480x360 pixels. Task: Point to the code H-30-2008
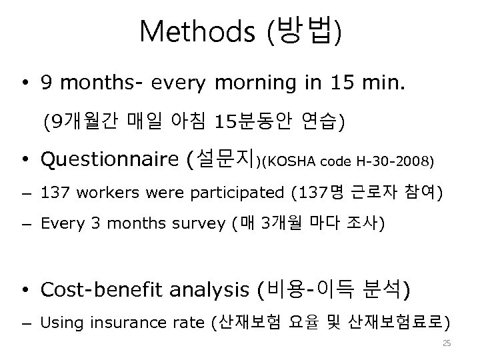397,161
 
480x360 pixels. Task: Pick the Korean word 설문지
227,160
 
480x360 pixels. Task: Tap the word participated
240,193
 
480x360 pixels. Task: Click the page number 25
447,343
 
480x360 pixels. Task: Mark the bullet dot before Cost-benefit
25,290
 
